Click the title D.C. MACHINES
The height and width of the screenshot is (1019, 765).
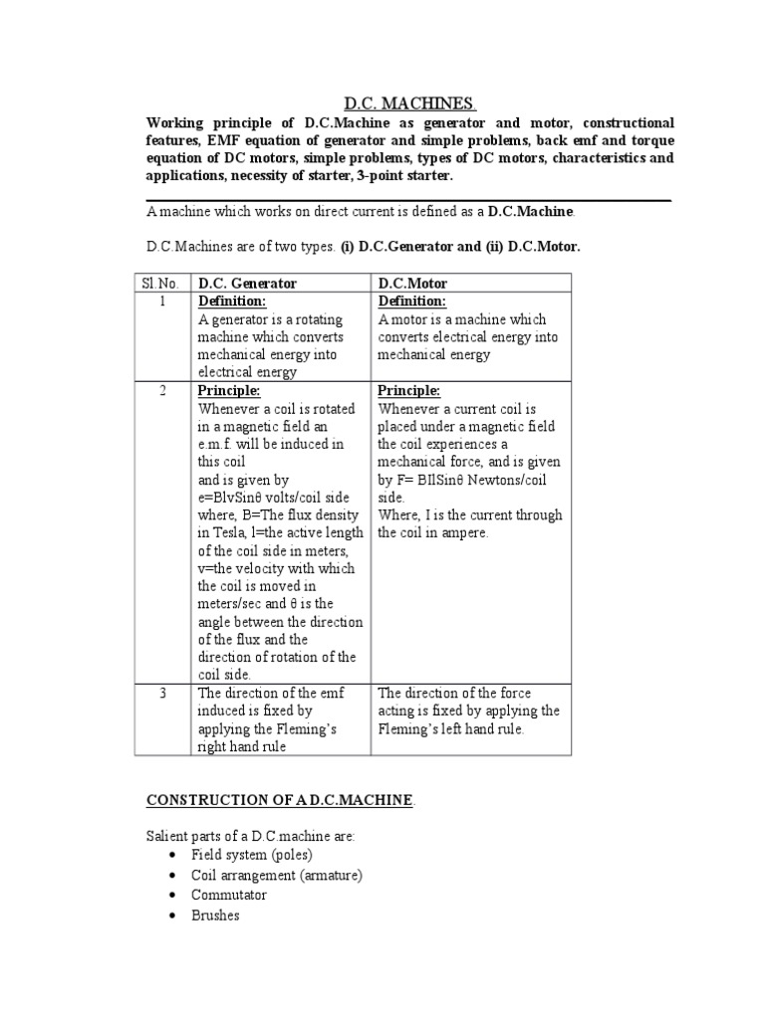tap(409, 104)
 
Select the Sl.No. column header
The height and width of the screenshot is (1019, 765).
tap(161, 284)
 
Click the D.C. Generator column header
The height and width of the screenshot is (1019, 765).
tap(247, 284)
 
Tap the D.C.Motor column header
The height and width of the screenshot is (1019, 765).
tap(412, 284)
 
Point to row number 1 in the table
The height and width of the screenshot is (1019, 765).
tap(161, 302)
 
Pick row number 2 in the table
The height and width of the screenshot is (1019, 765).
tap(161, 391)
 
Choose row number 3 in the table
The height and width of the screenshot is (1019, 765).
tap(161, 694)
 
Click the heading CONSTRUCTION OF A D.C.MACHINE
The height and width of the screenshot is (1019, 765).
tap(280, 801)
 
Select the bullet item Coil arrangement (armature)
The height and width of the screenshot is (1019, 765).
tap(277, 875)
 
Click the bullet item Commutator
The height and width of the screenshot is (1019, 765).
tap(229, 895)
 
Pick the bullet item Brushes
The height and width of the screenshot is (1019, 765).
tap(216, 915)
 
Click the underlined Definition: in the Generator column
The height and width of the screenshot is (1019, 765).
tap(232, 302)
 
